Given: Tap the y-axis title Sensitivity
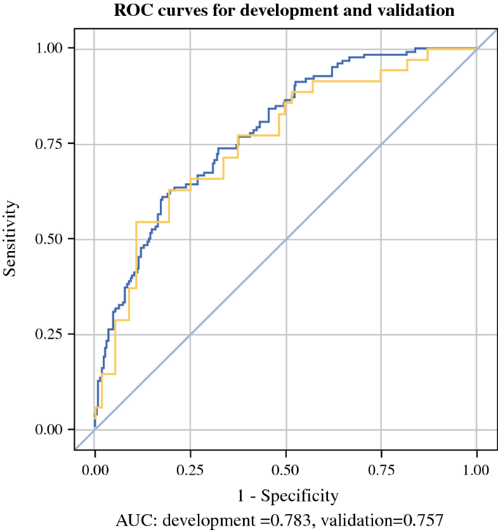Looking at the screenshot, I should coord(10,239).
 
